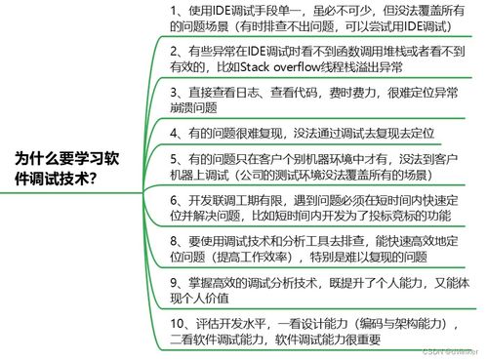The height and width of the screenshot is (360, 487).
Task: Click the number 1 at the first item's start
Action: click(x=174, y=10)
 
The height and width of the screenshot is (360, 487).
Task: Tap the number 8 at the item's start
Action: click(x=174, y=240)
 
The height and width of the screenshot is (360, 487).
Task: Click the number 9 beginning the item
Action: click(x=174, y=282)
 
